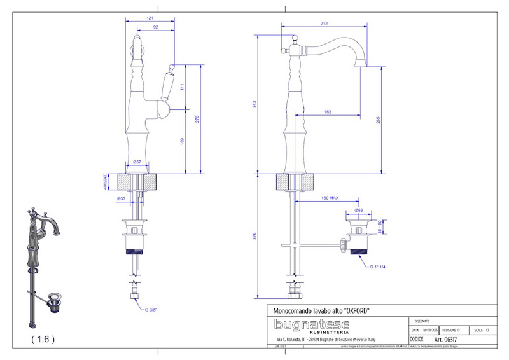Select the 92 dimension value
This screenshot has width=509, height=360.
click(155, 27)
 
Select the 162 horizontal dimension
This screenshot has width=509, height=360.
click(327, 112)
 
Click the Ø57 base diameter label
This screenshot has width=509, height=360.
click(136, 163)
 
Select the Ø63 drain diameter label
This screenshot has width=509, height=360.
click(359, 210)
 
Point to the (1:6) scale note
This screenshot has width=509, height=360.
click(43, 339)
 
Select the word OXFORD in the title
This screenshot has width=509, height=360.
click(355, 310)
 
